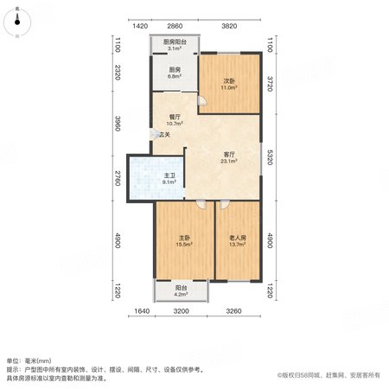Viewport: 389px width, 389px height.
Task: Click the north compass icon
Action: click(17, 22)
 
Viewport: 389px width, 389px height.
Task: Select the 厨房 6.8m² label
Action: click(175, 73)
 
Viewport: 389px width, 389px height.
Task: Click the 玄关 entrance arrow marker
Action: click(154, 134)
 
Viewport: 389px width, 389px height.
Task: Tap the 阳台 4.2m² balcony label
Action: click(181, 290)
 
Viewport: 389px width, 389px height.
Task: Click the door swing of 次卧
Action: click(202, 100)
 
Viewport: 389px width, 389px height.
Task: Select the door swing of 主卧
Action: click(201, 204)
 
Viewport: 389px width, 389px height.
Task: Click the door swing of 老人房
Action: click(225, 204)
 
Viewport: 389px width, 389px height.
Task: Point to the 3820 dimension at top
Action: click(229, 26)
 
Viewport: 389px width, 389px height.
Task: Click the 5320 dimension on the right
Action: click(270, 157)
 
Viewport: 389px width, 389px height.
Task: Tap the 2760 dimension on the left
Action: click(118, 178)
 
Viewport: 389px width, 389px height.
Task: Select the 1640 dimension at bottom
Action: click(142, 311)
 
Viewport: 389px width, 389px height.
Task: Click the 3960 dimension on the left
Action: click(118, 124)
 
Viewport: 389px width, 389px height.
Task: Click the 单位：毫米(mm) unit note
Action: click(29, 360)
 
